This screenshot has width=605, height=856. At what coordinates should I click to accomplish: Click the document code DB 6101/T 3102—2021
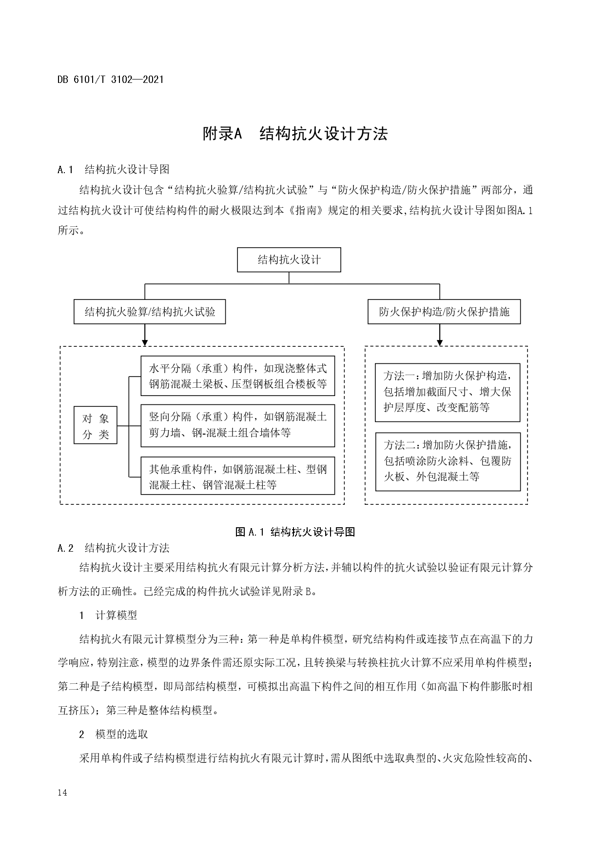pyautogui.click(x=111, y=79)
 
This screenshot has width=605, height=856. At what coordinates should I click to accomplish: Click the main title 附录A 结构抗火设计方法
pyautogui.click(x=295, y=134)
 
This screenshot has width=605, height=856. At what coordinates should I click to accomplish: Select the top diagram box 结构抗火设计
pyautogui.click(x=289, y=259)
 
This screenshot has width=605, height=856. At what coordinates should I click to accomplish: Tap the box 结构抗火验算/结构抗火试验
pyautogui.click(x=150, y=312)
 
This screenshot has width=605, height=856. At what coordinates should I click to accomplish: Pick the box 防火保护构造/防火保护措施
pyautogui.click(x=444, y=312)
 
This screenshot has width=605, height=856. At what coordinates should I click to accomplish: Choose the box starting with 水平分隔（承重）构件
pyautogui.click(x=237, y=376)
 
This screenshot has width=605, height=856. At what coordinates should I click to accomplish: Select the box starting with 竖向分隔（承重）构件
pyautogui.click(x=237, y=425)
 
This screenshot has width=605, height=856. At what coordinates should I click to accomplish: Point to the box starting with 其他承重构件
pyautogui.click(x=237, y=477)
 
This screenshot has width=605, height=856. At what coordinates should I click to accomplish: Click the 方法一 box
pyautogui.click(x=447, y=392)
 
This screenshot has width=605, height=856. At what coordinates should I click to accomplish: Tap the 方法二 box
pyautogui.click(x=447, y=461)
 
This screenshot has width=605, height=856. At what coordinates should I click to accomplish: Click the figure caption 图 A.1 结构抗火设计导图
pyautogui.click(x=295, y=532)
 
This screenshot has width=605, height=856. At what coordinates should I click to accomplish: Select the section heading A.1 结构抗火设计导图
pyautogui.click(x=114, y=169)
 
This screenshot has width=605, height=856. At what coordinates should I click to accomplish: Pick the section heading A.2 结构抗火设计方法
pyautogui.click(x=114, y=548)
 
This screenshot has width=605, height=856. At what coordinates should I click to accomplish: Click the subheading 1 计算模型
pyautogui.click(x=108, y=615)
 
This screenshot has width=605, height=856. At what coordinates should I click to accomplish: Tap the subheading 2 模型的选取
pyautogui.click(x=114, y=734)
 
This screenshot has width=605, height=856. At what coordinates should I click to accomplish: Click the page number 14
pyautogui.click(x=62, y=793)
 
